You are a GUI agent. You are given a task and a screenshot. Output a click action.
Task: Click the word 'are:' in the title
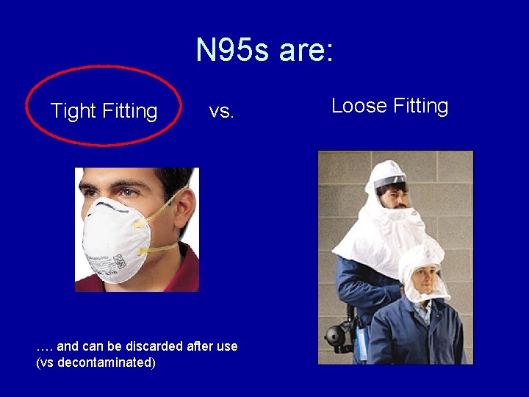(x=306, y=51)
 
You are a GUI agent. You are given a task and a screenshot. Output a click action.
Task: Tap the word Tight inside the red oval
(x=73, y=111)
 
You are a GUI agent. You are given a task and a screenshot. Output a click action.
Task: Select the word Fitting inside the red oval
(x=130, y=111)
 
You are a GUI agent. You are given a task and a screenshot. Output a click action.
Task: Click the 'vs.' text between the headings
(x=221, y=111)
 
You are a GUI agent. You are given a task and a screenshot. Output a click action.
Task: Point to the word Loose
(x=359, y=106)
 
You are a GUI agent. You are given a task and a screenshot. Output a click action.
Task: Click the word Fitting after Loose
(x=420, y=106)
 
